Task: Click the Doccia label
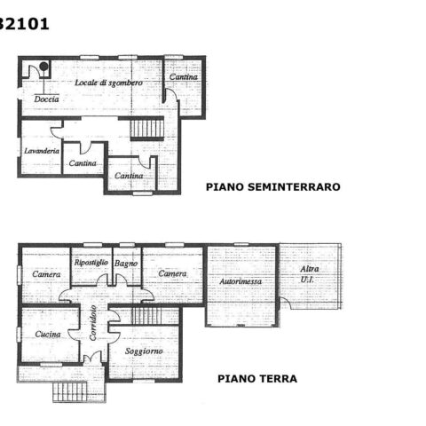tap(46, 99)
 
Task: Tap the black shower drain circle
tap(43, 67)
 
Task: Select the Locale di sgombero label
tap(108, 83)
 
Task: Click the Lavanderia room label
tap(42, 151)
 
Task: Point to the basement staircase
tap(147, 128)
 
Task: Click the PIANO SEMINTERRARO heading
tap(273, 187)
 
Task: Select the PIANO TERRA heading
tap(257, 379)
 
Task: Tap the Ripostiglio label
tap(91, 263)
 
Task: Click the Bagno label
tap(126, 264)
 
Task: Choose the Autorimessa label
tap(241, 281)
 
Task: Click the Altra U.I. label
tap(309, 274)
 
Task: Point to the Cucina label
tap(48, 335)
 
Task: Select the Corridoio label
tap(93, 323)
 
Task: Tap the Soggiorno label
tap(144, 351)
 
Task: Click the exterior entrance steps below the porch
tap(70, 391)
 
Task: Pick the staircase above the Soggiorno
tap(146, 316)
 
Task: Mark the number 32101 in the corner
tap(24, 24)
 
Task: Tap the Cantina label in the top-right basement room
tap(184, 77)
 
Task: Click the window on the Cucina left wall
tap(19, 335)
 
